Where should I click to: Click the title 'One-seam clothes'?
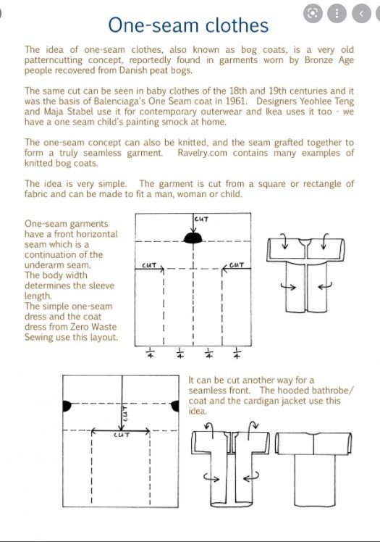pos(188,25)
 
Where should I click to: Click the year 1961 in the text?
pos(237,101)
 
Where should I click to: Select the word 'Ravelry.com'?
pos(202,153)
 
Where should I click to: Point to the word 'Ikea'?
pos(264,112)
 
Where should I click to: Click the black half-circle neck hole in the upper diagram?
pos(193,238)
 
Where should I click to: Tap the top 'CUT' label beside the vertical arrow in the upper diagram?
pos(201,219)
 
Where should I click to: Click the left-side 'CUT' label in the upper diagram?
pos(149,265)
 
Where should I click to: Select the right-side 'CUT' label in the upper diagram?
pos(237,265)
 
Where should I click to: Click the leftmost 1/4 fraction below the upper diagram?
pos(151,353)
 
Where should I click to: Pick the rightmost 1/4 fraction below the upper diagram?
pos(237,353)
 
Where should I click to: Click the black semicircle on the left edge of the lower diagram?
pos(67,406)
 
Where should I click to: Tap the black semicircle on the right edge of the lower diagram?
pos(175,406)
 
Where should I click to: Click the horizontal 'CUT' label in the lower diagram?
pos(122,435)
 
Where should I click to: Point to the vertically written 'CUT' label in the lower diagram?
pos(125,413)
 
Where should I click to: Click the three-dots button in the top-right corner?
pos(337,14)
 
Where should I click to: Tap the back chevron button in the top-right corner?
pos(361,14)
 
